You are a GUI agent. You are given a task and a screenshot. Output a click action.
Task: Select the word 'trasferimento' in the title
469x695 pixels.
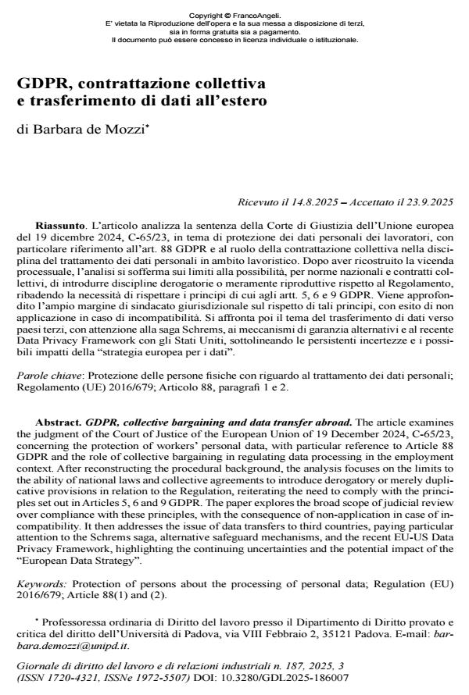pyautogui.click(x=82, y=101)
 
